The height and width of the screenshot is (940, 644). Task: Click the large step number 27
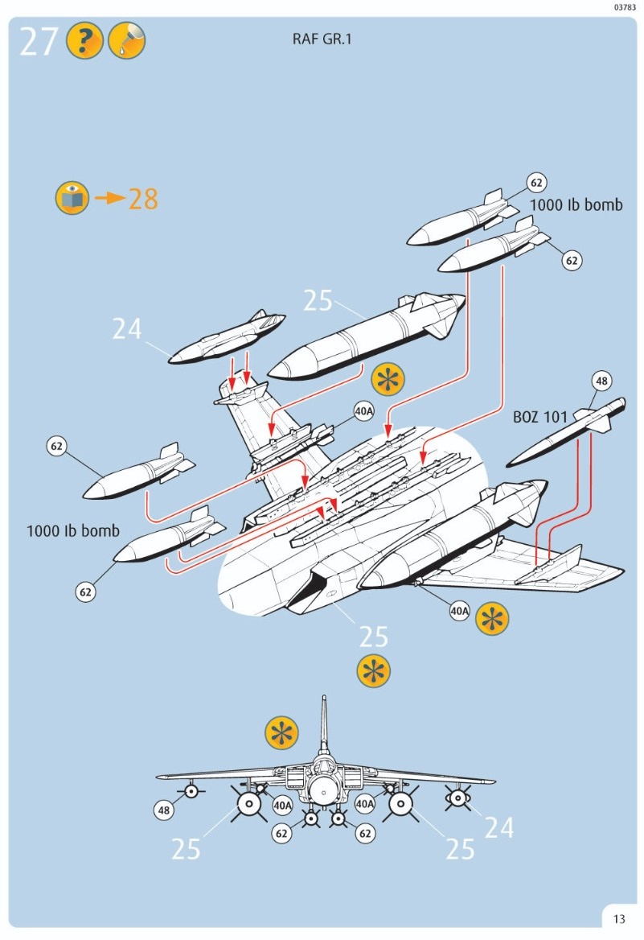click(x=39, y=42)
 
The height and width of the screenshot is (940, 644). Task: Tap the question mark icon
click(x=84, y=41)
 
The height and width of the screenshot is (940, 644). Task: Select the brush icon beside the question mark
click(x=126, y=41)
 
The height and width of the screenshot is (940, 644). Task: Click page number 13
click(x=618, y=919)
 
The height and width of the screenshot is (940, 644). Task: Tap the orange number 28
click(x=144, y=199)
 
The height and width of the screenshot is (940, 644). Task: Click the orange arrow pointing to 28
click(x=110, y=198)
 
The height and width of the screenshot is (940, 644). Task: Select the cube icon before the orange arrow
click(x=72, y=198)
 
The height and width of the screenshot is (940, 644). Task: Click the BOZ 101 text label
click(x=540, y=418)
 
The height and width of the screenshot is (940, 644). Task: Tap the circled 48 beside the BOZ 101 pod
click(x=602, y=380)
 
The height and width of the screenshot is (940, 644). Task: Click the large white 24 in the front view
click(x=498, y=827)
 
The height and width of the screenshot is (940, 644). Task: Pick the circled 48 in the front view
click(x=164, y=810)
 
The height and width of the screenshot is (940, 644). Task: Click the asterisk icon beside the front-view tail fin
click(x=281, y=732)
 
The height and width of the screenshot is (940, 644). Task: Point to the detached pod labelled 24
click(x=228, y=338)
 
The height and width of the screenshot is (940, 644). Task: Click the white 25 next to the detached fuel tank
click(x=318, y=300)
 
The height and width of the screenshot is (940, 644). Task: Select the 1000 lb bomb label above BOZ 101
click(x=576, y=205)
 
